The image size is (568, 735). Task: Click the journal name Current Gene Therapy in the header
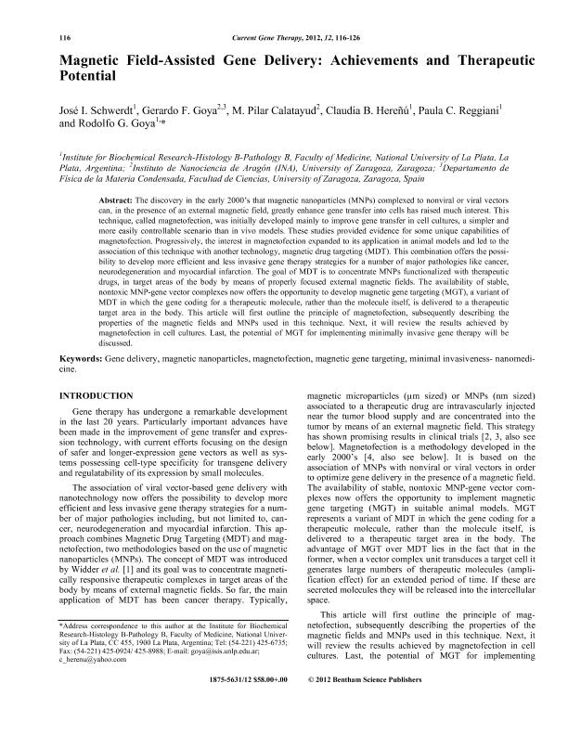point(269,37)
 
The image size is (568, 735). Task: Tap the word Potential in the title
point(89,74)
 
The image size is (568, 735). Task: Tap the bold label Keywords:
point(82,382)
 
